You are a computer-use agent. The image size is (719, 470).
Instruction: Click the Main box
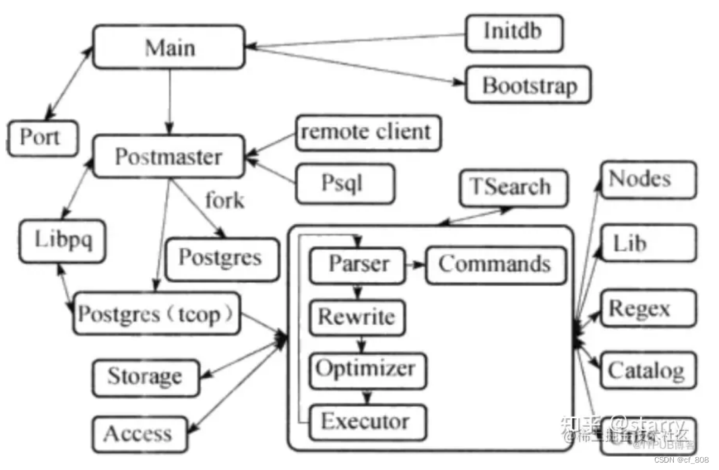[168, 47]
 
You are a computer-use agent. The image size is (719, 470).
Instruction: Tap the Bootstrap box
[528, 85]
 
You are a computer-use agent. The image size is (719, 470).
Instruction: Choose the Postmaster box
[168, 157]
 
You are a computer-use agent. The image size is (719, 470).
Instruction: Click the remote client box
[368, 132]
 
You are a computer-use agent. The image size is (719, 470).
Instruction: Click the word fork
[224, 200]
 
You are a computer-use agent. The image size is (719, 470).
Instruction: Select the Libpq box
[62, 240]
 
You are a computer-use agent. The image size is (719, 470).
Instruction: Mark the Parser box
[358, 265]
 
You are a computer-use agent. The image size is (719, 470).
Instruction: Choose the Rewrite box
[357, 317]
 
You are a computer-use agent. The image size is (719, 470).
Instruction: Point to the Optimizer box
[367, 369]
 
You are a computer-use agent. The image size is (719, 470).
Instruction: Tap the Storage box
[145, 376]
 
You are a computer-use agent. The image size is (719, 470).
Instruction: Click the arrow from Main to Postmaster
[170, 101]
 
